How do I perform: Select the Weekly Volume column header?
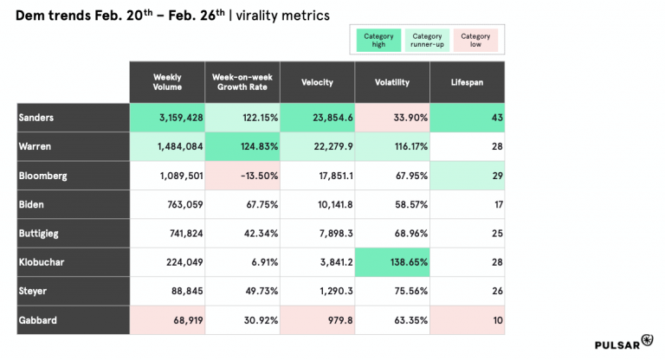(167, 82)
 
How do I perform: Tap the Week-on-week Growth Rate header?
(242, 82)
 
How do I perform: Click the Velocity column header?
(318, 82)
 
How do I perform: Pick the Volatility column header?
(392, 82)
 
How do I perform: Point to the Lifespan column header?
(467, 82)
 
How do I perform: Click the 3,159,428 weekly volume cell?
(167, 118)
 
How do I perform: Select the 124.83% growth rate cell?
(242, 146)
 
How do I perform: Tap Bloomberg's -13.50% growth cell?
(242, 176)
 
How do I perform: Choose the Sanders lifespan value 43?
(467, 118)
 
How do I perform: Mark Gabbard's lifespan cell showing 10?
(467, 321)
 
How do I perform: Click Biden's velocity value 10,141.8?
(318, 205)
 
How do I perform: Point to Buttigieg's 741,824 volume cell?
(167, 234)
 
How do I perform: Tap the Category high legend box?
(378, 40)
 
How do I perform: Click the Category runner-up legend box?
(427, 40)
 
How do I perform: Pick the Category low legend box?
(475, 40)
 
